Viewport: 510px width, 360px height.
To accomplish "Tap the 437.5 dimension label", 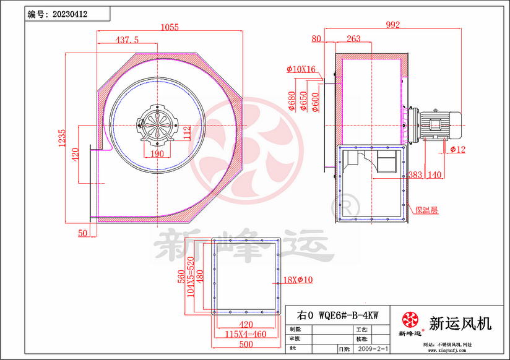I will (x=127, y=40).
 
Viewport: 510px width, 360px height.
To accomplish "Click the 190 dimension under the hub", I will (x=158, y=153).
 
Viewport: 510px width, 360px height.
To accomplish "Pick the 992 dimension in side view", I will (x=392, y=25).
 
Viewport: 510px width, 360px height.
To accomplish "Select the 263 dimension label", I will (x=353, y=39).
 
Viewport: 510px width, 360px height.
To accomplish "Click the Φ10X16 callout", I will (x=301, y=69).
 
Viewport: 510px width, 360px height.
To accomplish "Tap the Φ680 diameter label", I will (x=291, y=101).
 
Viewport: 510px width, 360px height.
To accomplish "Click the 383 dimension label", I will (x=415, y=175).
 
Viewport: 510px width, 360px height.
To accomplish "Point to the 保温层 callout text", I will (x=426, y=210).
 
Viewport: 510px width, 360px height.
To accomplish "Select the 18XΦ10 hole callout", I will (x=299, y=280).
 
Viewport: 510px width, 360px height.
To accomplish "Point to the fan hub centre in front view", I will (x=158, y=124).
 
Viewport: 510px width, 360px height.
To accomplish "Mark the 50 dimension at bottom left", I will (x=83, y=233).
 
